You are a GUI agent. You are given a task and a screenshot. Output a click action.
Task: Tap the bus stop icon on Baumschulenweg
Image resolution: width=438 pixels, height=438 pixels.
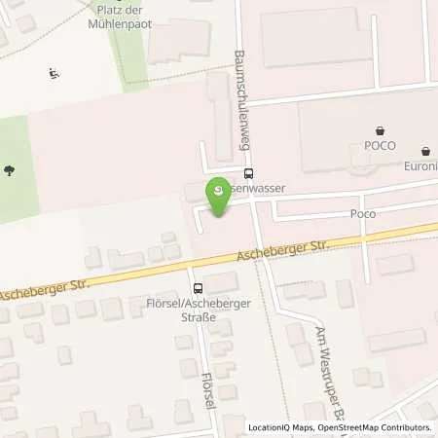pyautogui.click(x=248, y=174)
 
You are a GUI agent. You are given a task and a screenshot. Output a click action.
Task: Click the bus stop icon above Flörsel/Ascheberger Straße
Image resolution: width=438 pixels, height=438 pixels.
pyautogui.click(x=199, y=288)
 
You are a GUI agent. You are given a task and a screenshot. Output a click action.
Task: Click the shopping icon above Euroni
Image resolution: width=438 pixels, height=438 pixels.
pyautogui.click(x=425, y=151)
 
